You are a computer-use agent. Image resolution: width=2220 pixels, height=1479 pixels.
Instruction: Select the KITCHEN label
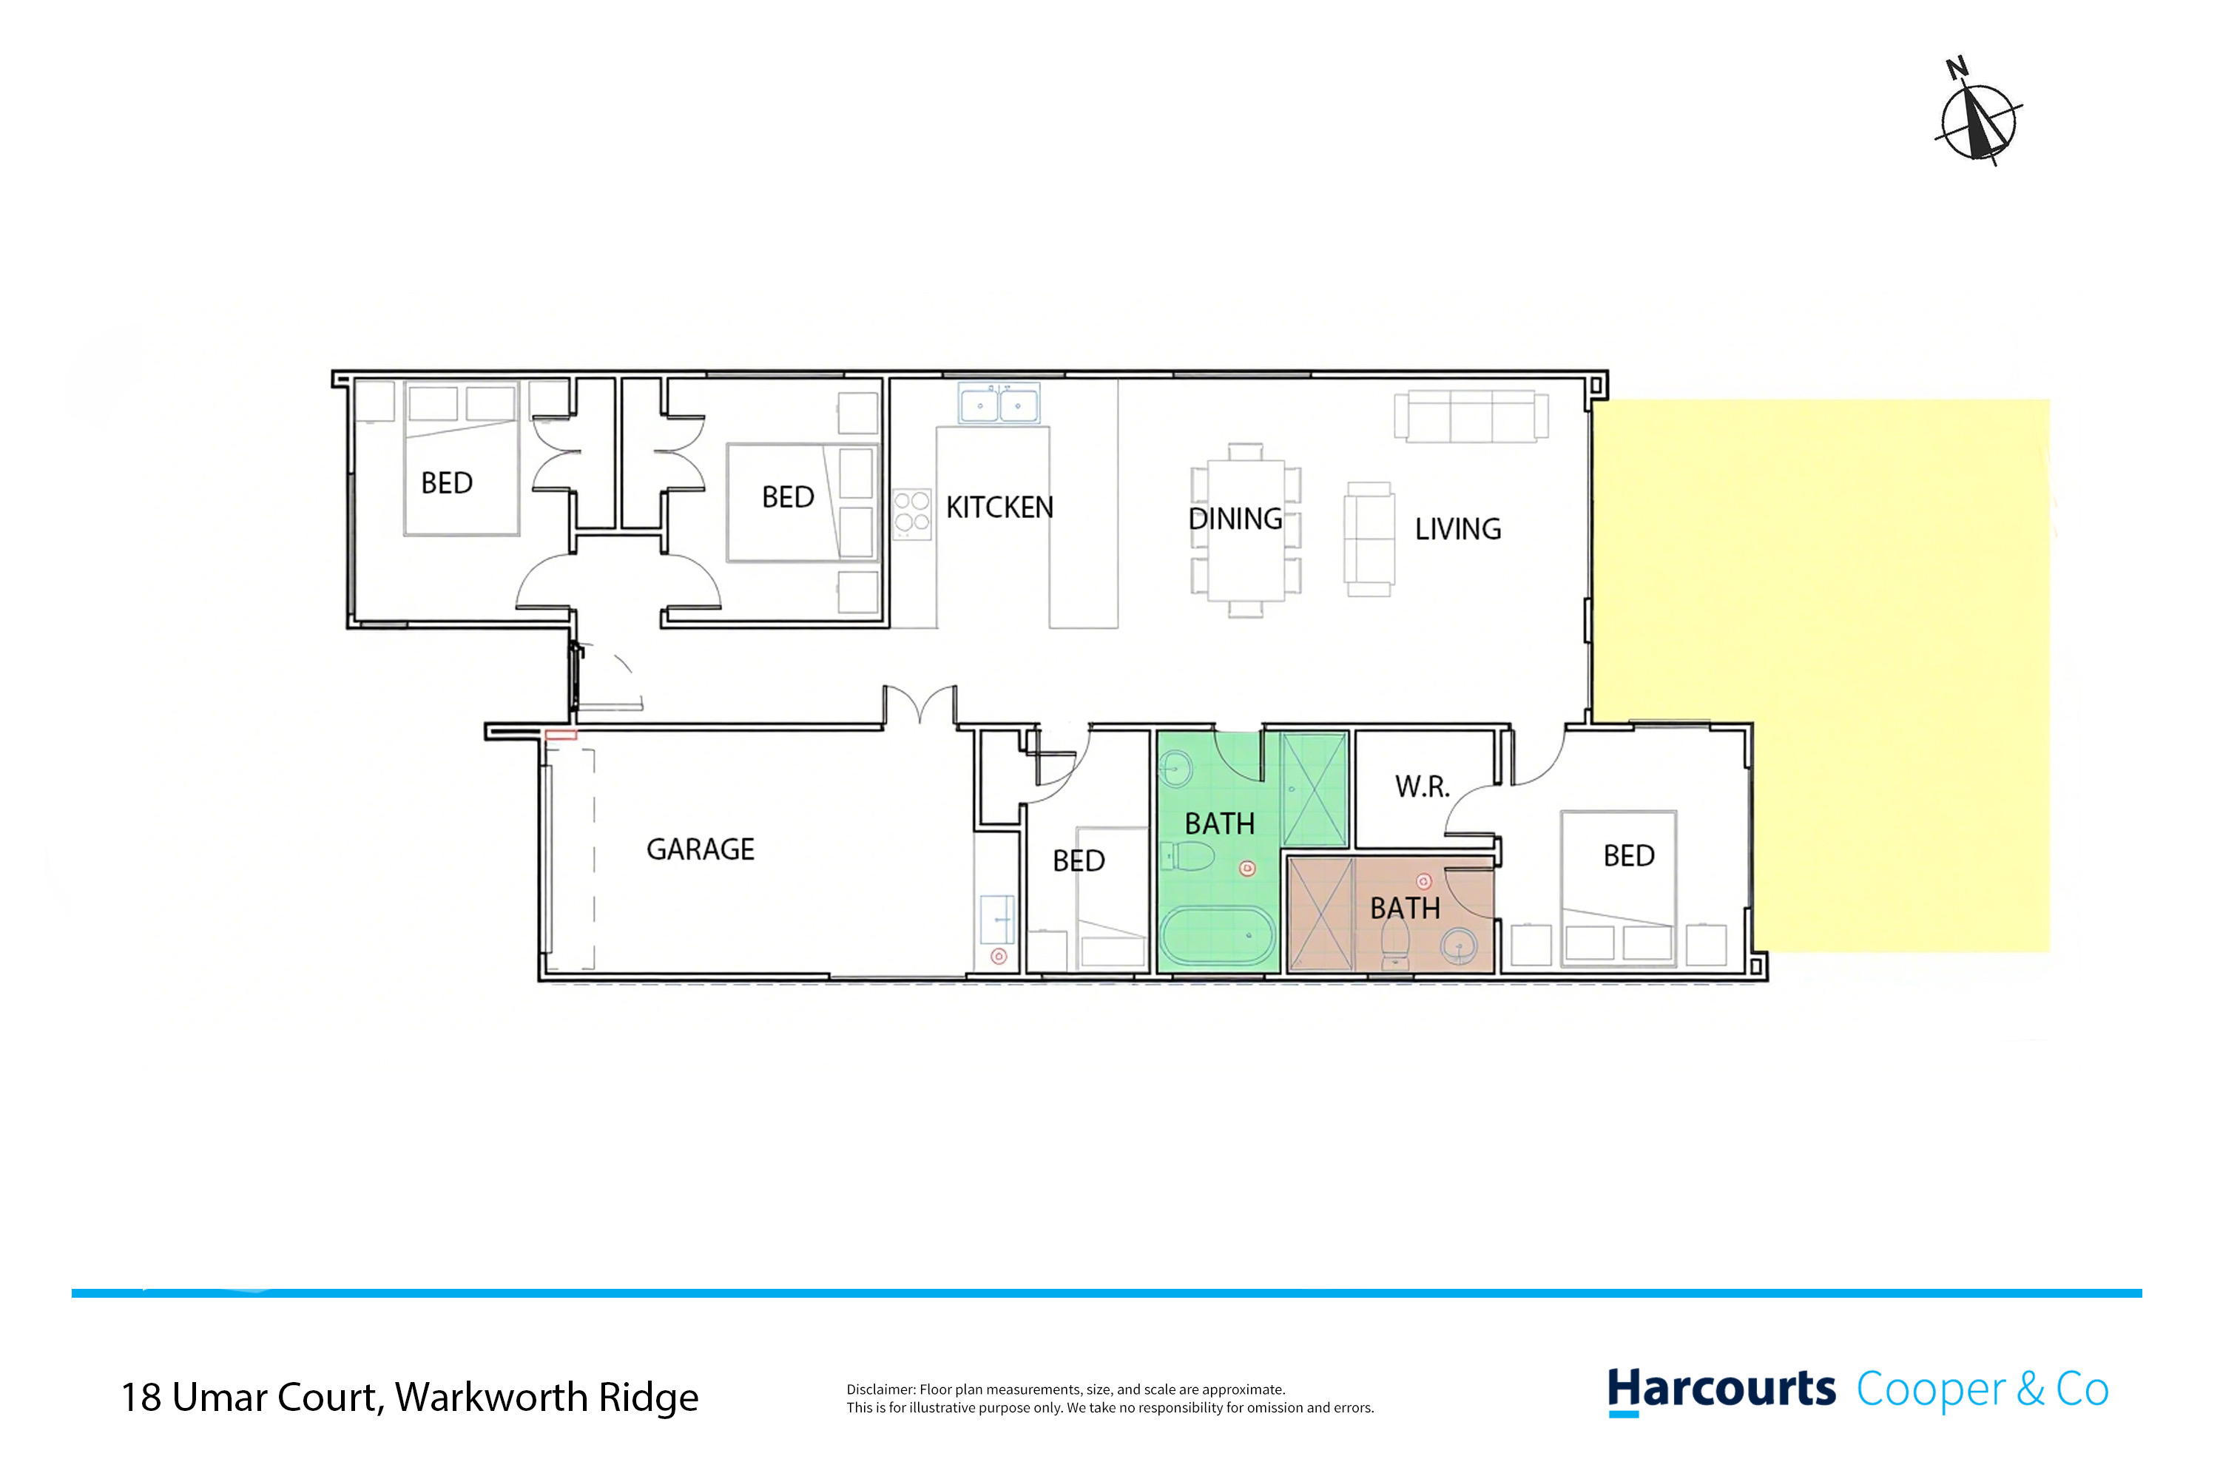pyautogui.click(x=999, y=508)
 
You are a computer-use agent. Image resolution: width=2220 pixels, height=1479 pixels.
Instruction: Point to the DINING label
pyautogui.click(x=1235, y=519)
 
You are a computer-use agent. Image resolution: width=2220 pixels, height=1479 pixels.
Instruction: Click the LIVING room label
pyautogui.click(x=1457, y=529)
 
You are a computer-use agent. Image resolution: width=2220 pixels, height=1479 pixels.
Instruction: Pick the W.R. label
pyautogui.click(x=1422, y=786)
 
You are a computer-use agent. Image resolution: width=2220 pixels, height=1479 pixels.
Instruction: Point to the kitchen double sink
pyautogui.click(x=999, y=404)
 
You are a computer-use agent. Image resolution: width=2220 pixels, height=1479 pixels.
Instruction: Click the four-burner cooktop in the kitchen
pyautogui.click(x=911, y=514)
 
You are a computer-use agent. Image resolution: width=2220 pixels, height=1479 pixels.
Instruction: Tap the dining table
pyautogui.click(x=1246, y=530)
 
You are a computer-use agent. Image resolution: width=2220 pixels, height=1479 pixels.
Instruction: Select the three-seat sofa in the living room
pyautogui.click(x=1471, y=416)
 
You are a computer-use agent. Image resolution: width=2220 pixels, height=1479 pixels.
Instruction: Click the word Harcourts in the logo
pyautogui.click(x=1721, y=1390)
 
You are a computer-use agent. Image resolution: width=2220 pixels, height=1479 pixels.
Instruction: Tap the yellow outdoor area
pyautogui.click(x=1820, y=676)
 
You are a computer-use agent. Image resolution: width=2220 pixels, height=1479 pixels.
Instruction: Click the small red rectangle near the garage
pyautogui.click(x=560, y=735)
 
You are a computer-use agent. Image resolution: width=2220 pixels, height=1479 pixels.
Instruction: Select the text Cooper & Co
pyautogui.click(x=1983, y=1389)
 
